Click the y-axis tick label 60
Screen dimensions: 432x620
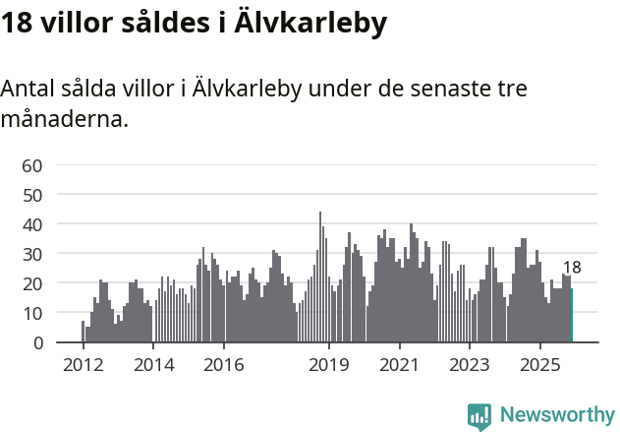pyautogui.click(x=31, y=165)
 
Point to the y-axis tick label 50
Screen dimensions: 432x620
pyautogui.click(x=31, y=195)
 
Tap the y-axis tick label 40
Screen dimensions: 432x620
pyautogui.click(x=31, y=224)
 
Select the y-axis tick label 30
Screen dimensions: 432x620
pyautogui.click(x=31, y=254)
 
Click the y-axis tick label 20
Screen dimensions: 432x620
pyautogui.click(x=31, y=283)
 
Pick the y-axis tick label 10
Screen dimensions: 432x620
pyautogui.click(x=31, y=313)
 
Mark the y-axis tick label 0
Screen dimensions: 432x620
pyautogui.click(x=36, y=342)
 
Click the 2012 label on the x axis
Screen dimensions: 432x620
pyautogui.click(x=83, y=365)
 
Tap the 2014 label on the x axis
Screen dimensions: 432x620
pyautogui.click(x=153, y=365)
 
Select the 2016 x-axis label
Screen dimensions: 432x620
pyautogui.click(x=224, y=365)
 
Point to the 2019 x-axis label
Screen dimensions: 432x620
pyautogui.click(x=329, y=365)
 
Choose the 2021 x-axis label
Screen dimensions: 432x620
pyautogui.click(x=400, y=365)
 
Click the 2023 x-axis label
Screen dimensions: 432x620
pyautogui.click(x=470, y=365)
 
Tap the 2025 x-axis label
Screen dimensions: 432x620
pyautogui.click(x=540, y=365)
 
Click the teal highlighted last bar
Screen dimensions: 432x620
pyautogui.click(x=572, y=316)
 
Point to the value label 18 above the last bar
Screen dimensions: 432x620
pyautogui.click(x=572, y=268)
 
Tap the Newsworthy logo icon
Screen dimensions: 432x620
pyautogui.click(x=479, y=416)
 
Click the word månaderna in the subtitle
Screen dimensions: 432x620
pyautogui.click(x=65, y=120)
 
